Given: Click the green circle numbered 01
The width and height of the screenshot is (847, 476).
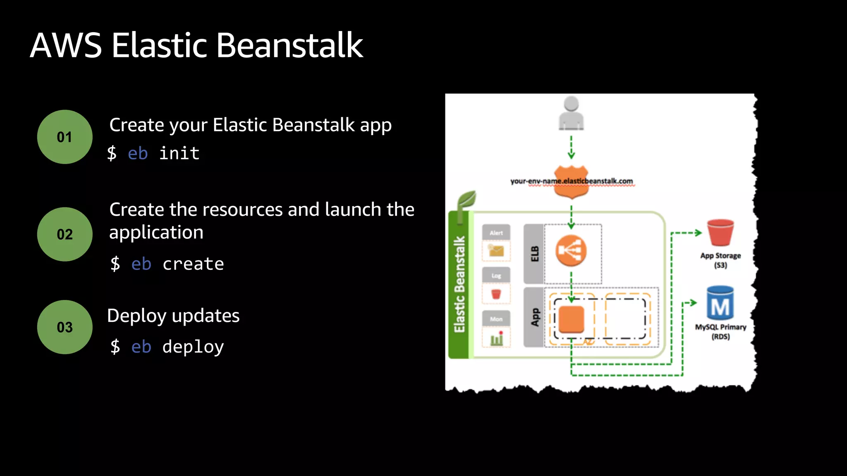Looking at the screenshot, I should point(65,137).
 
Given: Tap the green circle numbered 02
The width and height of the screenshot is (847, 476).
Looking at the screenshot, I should point(65,234).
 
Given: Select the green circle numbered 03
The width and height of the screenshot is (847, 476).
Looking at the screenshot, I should point(65,327).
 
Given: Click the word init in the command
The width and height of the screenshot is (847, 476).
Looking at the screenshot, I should point(179,153).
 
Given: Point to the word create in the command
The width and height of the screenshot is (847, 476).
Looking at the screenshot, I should point(193,264).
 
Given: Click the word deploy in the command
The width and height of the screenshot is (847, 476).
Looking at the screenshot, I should point(193,347).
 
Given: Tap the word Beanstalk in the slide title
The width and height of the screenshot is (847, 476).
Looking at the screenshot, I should point(290,45).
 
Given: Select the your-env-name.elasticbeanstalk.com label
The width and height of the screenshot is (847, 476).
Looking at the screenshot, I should point(571,181).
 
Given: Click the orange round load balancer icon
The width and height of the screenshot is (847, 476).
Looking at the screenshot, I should point(571,250).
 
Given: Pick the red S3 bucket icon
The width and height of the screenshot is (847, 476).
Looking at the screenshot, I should point(720,233).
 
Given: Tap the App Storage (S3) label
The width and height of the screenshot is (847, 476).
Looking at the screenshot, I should point(720,260).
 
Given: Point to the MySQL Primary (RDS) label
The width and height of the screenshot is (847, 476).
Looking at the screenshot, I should point(720,332).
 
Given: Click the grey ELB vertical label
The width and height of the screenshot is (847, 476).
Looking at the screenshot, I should point(534,254).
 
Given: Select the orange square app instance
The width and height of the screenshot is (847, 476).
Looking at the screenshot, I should point(571,319).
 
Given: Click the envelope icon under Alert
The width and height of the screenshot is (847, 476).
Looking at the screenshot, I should point(496,250).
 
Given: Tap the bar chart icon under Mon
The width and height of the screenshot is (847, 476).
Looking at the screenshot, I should point(496,339).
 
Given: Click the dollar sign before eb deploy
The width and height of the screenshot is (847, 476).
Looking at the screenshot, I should point(115,346).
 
